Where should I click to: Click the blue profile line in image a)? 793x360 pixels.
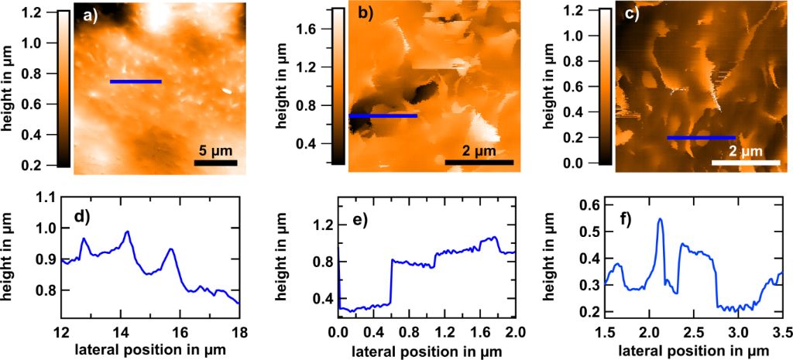click(136, 81)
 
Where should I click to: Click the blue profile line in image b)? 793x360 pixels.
click(383, 116)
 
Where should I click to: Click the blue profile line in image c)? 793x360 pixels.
click(701, 138)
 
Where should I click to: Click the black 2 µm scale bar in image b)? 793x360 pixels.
click(479, 162)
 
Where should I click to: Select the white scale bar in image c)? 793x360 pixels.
click(745, 163)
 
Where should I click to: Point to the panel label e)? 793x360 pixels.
click(360, 216)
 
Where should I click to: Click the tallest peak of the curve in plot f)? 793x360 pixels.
click(661, 219)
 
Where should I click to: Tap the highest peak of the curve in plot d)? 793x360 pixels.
click(128, 231)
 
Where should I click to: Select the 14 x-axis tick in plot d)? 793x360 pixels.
click(121, 333)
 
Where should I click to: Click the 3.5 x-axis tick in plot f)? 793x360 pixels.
click(782, 333)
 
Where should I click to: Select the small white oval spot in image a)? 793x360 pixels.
click(227, 91)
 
